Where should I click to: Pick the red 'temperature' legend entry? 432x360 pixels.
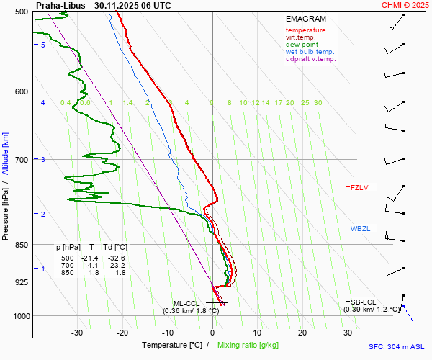305,30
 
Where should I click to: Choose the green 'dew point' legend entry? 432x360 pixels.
302,45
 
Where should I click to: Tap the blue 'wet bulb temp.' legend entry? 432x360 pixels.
310,52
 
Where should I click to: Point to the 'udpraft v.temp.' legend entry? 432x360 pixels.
310,59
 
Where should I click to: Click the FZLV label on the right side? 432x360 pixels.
359,188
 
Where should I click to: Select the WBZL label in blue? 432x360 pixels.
359,229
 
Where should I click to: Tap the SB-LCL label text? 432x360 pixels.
362,302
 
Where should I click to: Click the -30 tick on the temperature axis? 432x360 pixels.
77,333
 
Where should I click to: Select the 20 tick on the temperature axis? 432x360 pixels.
302,333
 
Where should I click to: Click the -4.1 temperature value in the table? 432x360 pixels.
91,266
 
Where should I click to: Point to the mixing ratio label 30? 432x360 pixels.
318,103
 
